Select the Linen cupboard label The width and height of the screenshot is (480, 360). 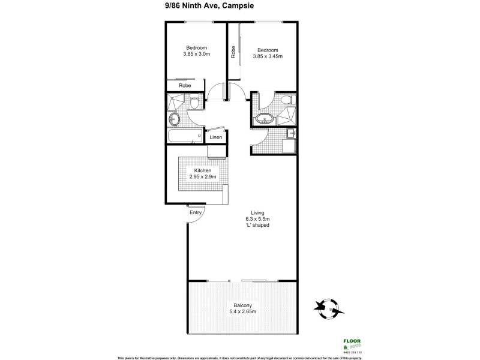coord(215,137)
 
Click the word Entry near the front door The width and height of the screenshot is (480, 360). coord(196,212)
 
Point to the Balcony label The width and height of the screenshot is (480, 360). coord(243,305)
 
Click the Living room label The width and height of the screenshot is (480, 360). coord(260,211)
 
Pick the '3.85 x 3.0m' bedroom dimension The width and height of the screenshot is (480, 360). coord(196,55)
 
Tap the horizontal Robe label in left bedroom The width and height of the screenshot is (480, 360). coord(185,86)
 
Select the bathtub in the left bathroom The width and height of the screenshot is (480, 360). coord(184,136)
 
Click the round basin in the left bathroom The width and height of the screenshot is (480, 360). coord(174,118)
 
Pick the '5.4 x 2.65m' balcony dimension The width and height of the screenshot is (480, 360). coord(243,312)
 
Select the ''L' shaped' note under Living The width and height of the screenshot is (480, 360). coord(260,226)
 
